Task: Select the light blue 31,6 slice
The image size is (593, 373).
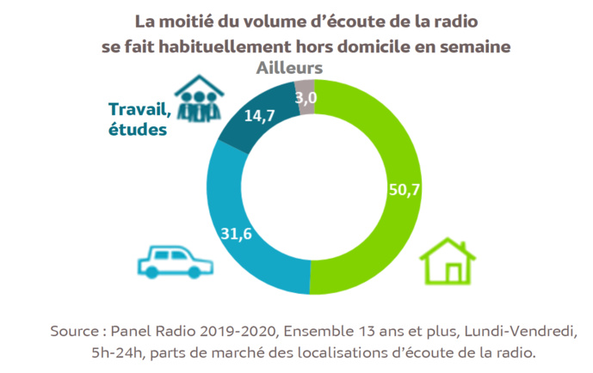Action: [x=250, y=249]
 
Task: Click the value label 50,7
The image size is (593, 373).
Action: [x=404, y=191]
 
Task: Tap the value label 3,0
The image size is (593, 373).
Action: [x=306, y=98]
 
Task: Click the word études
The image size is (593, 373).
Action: [x=138, y=129]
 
